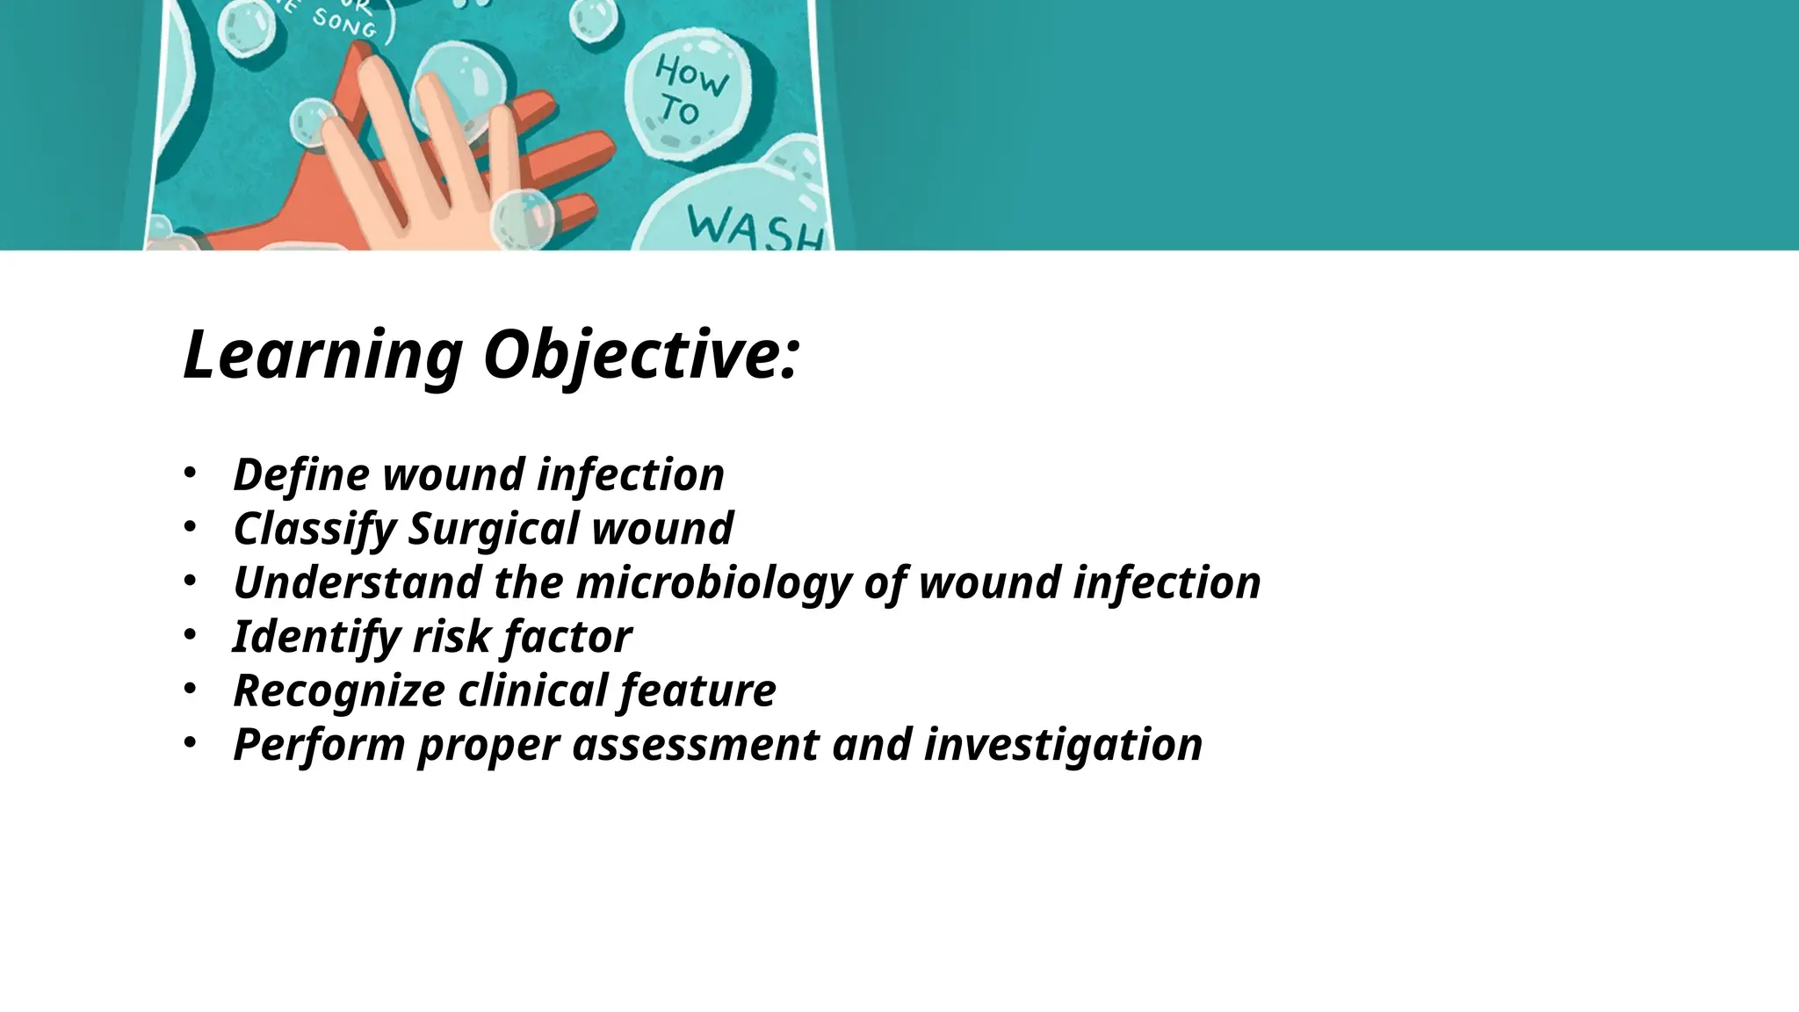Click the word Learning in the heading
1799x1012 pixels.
click(x=322, y=356)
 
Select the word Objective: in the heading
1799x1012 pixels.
click(x=641, y=356)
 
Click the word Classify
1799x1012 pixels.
click(x=314, y=529)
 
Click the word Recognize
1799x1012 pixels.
click(x=338, y=690)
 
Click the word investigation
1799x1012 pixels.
click(x=1063, y=745)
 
